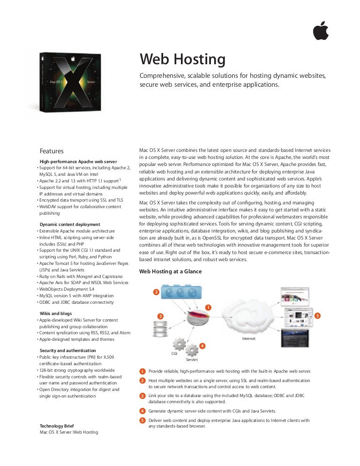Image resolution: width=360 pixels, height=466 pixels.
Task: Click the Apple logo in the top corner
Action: [321, 30]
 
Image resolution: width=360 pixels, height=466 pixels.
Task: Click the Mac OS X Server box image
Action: [70, 83]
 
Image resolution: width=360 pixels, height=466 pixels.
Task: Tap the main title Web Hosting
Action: [182, 59]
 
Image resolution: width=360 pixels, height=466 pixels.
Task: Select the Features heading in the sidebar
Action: [52, 151]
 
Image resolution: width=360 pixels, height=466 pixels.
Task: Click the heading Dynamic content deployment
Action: [70, 225]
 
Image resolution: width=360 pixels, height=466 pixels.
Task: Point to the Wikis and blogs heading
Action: [56, 313]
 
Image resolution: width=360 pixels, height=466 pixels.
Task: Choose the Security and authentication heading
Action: [68, 350]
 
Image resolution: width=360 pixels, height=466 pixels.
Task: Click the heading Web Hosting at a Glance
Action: [170, 271]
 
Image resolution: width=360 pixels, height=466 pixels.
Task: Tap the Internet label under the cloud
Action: [248, 338]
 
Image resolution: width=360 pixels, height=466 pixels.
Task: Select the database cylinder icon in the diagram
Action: [160, 329]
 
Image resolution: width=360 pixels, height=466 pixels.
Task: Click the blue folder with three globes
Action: [181, 292]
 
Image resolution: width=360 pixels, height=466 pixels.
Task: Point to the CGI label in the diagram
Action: [174, 353]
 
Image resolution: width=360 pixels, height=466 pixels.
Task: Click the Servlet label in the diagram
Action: [192, 360]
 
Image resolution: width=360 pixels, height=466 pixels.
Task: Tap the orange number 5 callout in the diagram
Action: [317, 316]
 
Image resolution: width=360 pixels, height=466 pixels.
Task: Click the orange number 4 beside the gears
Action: [202, 346]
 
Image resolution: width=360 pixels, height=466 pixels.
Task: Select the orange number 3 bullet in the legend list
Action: [142, 396]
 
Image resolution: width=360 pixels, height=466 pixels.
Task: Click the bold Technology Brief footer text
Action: [57, 426]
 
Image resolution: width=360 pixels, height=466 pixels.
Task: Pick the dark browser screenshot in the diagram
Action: [295, 338]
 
